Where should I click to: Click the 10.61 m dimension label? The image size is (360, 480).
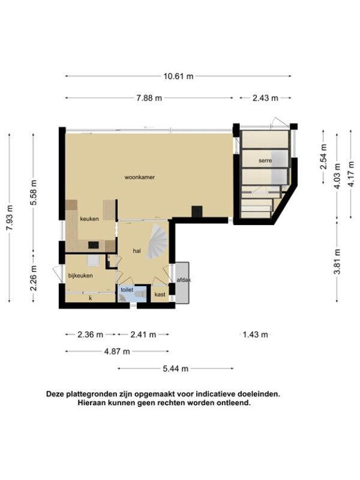[178, 76]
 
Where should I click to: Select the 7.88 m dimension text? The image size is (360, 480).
[149, 98]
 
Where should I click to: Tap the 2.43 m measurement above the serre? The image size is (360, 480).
[265, 98]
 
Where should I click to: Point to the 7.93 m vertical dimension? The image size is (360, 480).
[10, 218]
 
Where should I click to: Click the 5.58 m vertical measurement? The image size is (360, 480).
[34, 193]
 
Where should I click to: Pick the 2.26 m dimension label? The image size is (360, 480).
[34, 278]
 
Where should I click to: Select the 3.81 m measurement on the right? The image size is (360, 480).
[337, 262]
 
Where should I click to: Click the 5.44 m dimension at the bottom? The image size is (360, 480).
[175, 368]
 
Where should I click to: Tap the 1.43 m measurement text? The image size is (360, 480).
[256, 335]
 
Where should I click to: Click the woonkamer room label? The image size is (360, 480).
[140, 177]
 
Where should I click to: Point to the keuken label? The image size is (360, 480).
[89, 218]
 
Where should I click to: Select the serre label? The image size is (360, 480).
[265, 160]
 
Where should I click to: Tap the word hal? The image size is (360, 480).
[137, 251]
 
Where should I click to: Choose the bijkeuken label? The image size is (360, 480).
[80, 275]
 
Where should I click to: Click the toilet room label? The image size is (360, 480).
[127, 289]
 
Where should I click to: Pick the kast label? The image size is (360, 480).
[160, 295]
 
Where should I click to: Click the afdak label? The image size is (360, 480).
[184, 280]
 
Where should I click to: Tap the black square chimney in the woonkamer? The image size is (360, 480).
[197, 212]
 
